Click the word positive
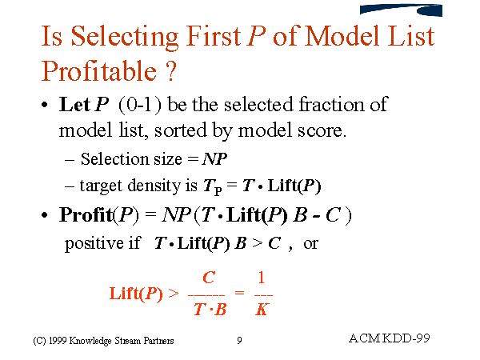pos(90,243)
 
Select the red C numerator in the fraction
pos(210,278)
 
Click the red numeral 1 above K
pos(262,278)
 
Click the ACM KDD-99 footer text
pos(390,338)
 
